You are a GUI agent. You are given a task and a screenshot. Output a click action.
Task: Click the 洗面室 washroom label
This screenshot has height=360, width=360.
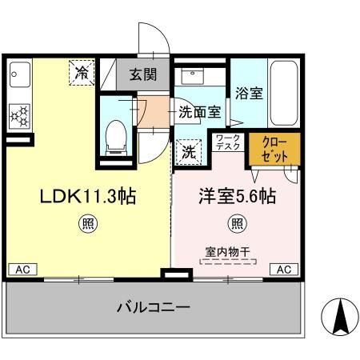[199, 112]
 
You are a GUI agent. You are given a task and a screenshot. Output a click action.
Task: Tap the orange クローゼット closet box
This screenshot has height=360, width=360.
[275, 150]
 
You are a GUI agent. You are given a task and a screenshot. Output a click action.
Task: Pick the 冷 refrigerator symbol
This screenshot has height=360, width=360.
[82, 72]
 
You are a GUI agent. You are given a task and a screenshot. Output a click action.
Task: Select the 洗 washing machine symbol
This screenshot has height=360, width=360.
[187, 149]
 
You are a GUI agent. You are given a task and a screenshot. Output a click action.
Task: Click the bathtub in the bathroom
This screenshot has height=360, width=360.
[283, 94]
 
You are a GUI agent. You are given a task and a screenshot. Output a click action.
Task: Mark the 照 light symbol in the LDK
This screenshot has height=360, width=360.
[84, 224]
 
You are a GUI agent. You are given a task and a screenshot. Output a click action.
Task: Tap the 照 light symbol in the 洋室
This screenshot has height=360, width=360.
[237, 224]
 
